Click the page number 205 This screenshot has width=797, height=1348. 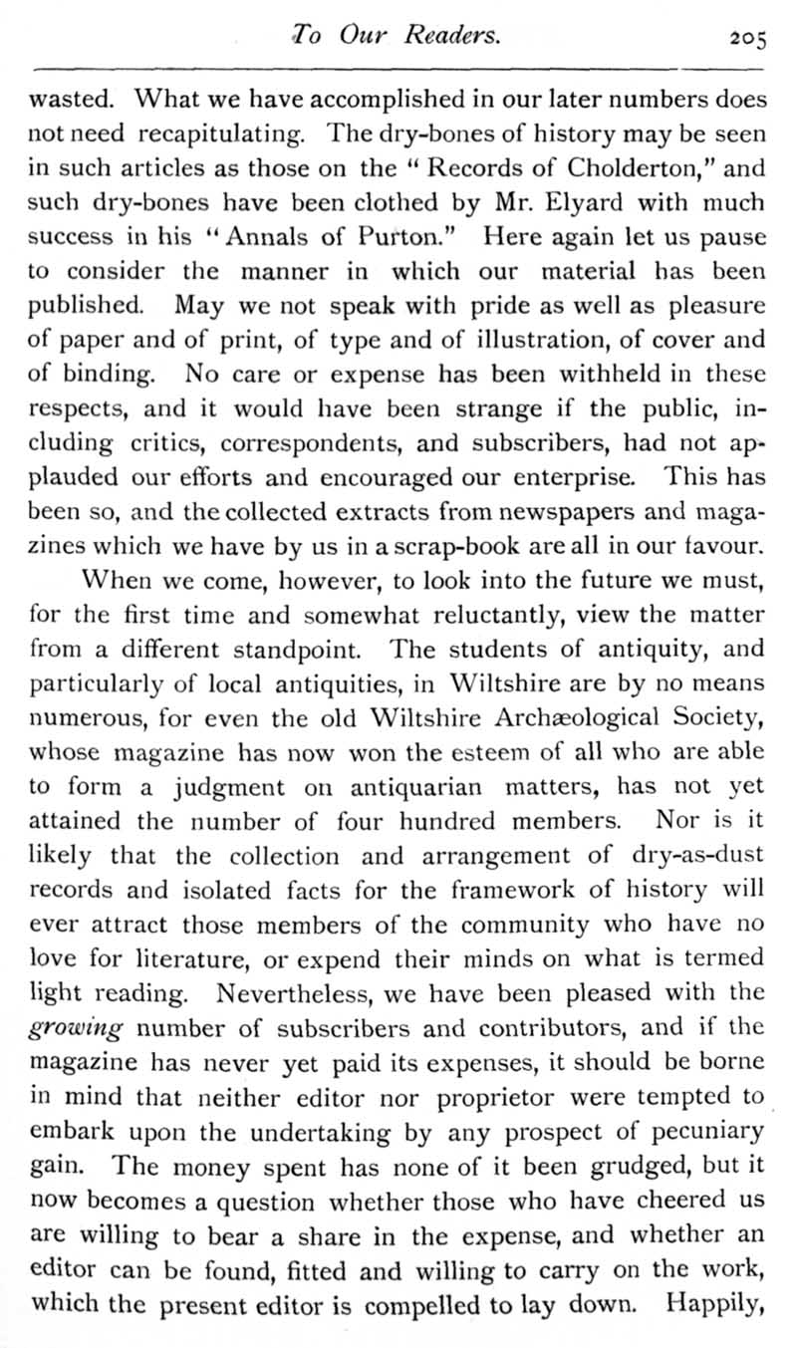(x=745, y=38)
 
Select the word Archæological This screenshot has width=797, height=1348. (x=560, y=714)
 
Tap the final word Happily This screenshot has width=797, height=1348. (x=715, y=1303)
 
